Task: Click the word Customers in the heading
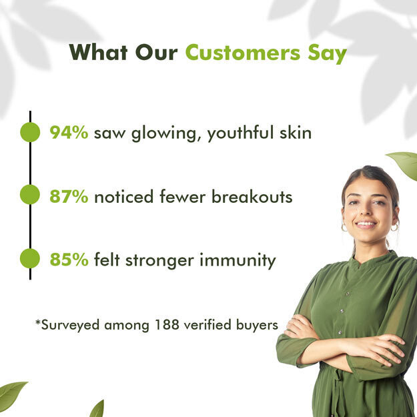click(243, 53)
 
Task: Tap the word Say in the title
click(327, 54)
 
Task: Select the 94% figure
click(69, 132)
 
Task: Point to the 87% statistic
click(69, 196)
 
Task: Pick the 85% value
click(69, 260)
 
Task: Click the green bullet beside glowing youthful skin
click(30, 132)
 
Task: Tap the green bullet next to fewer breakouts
click(30, 194)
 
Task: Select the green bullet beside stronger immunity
click(30, 258)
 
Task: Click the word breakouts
click(252, 196)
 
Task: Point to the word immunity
click(238, 261)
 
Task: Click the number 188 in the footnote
click(167, 324)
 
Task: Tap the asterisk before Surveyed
click(38, 322)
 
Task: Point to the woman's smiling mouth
click(366, 225)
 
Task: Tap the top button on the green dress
click(348, 294)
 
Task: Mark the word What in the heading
click(98, 53)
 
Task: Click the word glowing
click(163, 133)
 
